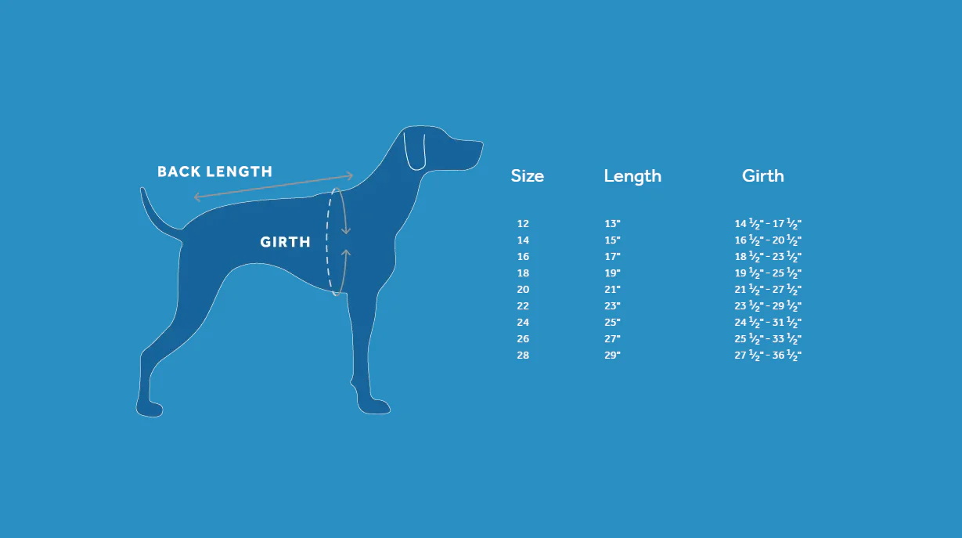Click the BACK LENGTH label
point(214,172)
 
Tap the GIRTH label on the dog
point(285,242)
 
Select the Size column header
point(527,176)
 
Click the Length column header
point(632,176)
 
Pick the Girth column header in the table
point(762,176)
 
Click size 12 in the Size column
point(523,224)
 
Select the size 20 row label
point(523,290)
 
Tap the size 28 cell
point(523,356)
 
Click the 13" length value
point(612,224)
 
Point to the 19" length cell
point(612,273)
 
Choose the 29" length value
point(612,356)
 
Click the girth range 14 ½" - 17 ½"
point(768,224)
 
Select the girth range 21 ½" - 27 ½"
point(768,290)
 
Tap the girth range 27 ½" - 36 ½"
point(768,356)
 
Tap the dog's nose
point(479,146)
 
